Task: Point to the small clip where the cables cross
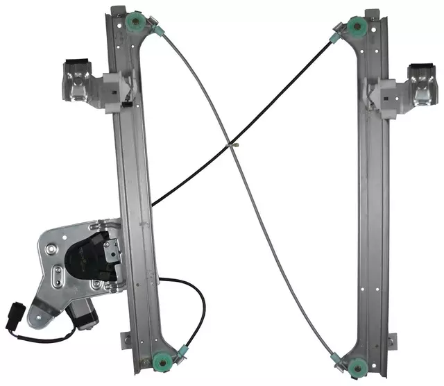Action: point(234,145)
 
